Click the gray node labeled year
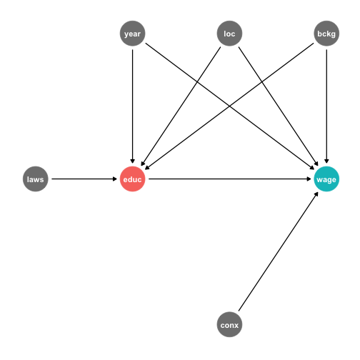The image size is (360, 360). (132, 34)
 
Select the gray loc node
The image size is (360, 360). (229, 34)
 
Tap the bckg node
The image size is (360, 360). (326, 34)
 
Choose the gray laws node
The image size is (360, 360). (36, 179)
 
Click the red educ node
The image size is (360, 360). (132, 179)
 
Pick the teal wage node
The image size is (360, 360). (326, 179)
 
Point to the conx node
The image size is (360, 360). (229, 324)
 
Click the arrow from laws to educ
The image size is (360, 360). (84, 179)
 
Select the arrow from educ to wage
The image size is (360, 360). (230, 179)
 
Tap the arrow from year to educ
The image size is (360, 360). (132, 106)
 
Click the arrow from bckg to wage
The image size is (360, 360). (326, 106)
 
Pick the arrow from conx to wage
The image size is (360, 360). (279, 251)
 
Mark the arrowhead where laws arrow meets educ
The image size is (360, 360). (115, 179)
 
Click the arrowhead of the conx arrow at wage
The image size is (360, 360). (316, 194)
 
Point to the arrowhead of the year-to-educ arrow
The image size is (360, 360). (132, 161)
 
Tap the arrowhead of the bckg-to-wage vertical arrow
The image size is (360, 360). (326, 161)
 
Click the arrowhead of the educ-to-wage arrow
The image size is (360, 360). (309, 179)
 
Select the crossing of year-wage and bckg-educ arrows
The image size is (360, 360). (229, 106)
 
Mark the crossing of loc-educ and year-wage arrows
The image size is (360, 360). (197, 82)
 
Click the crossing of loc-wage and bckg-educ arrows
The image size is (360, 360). (262, 82)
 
